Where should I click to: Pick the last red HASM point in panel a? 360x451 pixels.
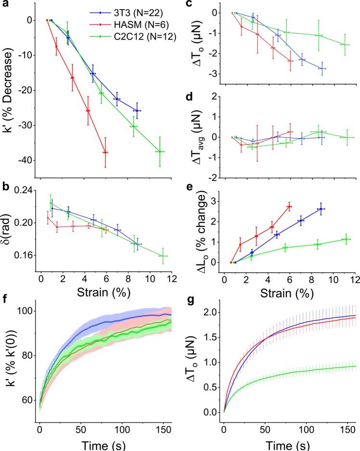point(105,152)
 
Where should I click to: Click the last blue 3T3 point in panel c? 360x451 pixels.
point(322,68)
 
